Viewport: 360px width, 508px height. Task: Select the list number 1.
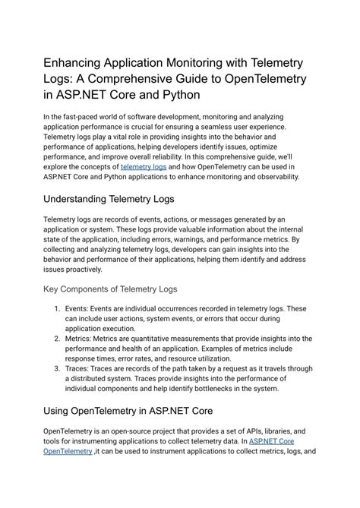58,310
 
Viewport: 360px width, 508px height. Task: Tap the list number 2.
58,337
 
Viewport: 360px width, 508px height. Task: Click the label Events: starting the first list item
81,310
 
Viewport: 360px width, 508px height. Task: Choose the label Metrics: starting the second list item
84,337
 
